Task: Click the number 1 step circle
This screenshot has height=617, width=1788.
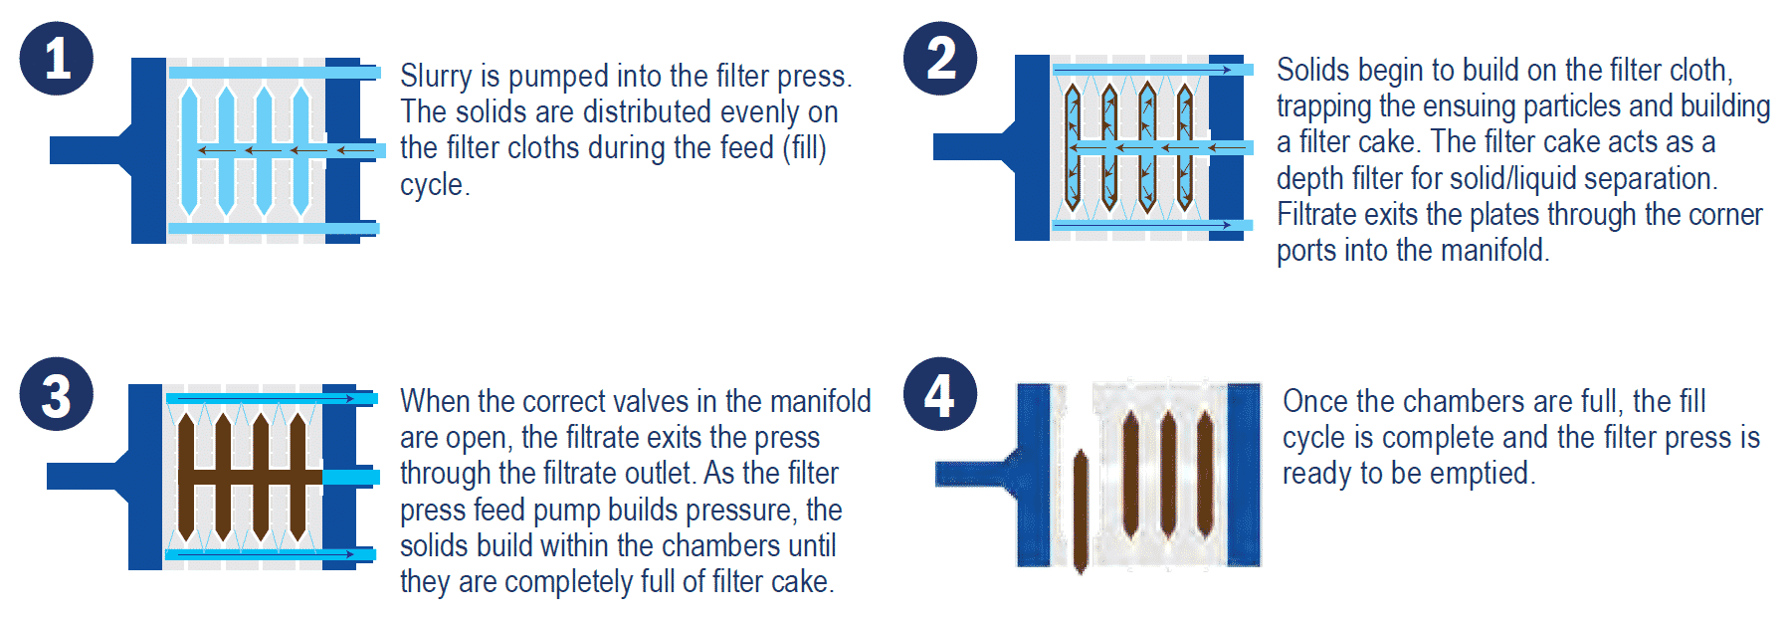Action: (57, 59)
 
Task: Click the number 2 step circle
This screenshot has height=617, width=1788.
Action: (940, 59)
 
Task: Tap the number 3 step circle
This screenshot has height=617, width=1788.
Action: (57, 394)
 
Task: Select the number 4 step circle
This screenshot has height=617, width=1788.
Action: (940, 394)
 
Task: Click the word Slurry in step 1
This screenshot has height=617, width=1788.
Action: (436, 77)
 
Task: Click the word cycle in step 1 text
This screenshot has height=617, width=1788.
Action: (431, 185)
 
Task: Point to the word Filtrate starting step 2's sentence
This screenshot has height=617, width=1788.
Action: (1319, 215)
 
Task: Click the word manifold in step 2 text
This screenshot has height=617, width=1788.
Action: (1494, 251)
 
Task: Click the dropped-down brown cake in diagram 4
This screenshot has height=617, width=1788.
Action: (1081, 512)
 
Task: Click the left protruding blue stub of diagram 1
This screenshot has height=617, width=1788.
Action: (86, 150)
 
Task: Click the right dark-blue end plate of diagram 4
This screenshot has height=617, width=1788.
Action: (1243, 474)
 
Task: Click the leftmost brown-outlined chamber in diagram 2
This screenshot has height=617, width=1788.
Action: (1073, 147)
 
